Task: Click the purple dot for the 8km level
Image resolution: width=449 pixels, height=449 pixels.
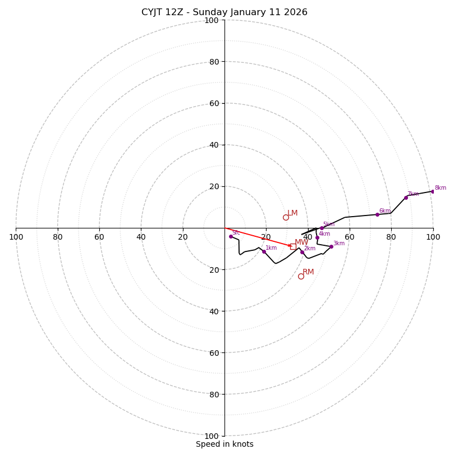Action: pos(433,191)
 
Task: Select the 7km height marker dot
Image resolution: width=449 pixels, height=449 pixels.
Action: pos(406,198)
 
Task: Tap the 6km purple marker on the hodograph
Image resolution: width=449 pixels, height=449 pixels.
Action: pos(377,214)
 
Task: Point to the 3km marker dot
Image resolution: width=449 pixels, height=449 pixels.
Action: pos(331,246)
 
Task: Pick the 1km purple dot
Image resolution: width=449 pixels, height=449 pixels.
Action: pos(264,251)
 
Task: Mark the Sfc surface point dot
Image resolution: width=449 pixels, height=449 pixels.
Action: pos(231,236)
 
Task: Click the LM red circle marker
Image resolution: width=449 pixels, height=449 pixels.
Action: pos(286,217)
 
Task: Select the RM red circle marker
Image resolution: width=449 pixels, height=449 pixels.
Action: pos(301,276)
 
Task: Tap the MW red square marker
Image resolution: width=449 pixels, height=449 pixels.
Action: pos(293,246)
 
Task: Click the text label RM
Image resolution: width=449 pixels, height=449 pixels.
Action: pos(308,272)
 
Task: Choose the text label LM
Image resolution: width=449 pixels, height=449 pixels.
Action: pos(292,213)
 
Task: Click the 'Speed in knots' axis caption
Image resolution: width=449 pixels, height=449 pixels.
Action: pos(224,445)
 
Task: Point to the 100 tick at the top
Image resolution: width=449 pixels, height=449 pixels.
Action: pos(212,20)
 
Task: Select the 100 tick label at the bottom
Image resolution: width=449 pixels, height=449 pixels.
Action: pos(212,436)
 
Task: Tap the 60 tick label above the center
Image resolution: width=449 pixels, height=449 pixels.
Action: pos(214,103)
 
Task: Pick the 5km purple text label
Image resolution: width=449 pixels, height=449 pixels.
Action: pos(328,224)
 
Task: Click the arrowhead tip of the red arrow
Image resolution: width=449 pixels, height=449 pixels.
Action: pos(292,246)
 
